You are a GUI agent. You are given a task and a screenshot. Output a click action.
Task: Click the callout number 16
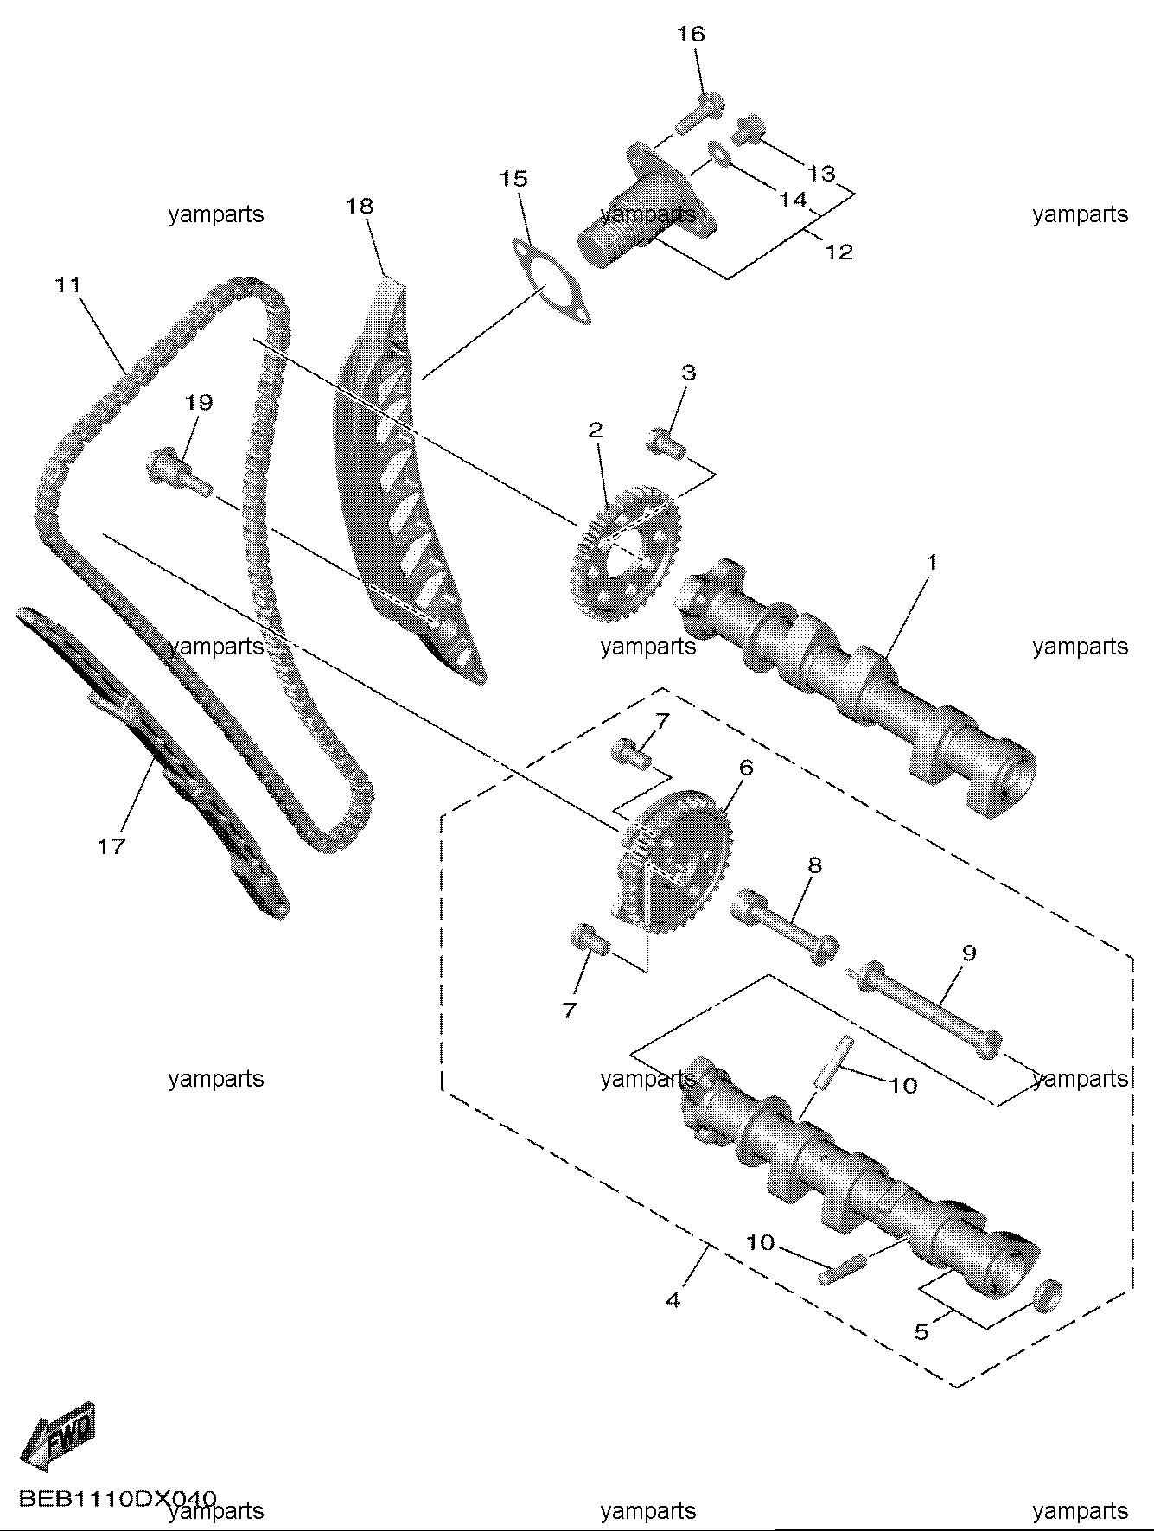692,35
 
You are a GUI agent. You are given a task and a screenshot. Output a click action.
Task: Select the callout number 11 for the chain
67,284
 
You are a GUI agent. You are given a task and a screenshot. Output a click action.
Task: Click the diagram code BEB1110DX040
118,1498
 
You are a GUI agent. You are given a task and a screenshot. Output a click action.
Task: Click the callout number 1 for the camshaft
932,562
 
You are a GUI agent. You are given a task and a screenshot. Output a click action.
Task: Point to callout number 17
112,846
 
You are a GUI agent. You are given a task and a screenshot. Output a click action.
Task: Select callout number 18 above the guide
360,207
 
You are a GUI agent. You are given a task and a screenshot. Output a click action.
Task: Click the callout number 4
673,1299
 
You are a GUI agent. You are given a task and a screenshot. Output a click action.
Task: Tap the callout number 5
921,1332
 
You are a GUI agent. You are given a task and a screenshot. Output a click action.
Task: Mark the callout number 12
839,252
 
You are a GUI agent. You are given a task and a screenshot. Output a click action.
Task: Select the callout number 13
821,174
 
